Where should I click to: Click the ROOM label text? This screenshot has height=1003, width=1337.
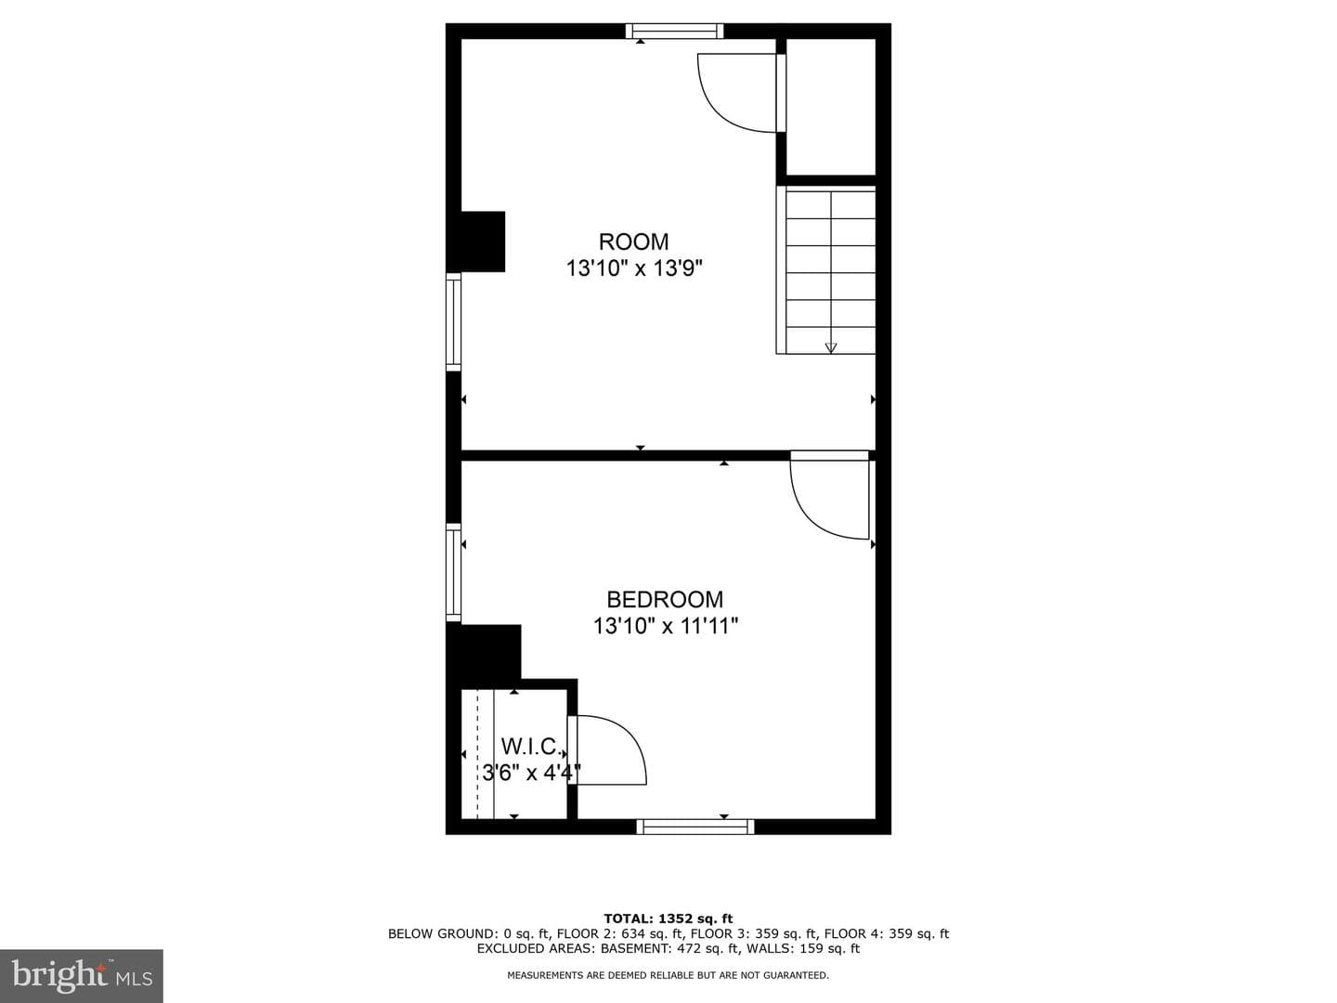tap(633, 241)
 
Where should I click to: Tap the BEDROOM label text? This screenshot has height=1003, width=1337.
tap(665, 600)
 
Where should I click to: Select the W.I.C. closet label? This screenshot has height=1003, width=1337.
tap(530, 746)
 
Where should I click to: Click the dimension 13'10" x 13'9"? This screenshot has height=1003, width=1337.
tap(634, 268)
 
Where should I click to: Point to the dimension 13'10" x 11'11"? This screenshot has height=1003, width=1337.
tap(666, 626)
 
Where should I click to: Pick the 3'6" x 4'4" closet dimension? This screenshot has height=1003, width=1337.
tap(531, 773)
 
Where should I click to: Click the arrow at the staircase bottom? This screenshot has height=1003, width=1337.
tap(831, 347)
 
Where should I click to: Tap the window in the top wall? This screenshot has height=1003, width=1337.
tap(674, 31)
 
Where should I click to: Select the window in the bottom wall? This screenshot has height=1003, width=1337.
tap(695, 827)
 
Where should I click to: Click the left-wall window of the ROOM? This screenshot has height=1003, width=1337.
tap(454, 321)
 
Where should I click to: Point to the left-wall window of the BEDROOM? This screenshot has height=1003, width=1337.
tap(454, 572)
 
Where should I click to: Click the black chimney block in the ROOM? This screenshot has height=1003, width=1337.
tap(476, 241)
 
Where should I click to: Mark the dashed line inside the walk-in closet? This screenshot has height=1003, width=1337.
tap(477, 754)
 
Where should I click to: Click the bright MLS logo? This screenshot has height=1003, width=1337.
tap(82, 976)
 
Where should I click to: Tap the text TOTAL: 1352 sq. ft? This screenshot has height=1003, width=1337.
tap(668, 918)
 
